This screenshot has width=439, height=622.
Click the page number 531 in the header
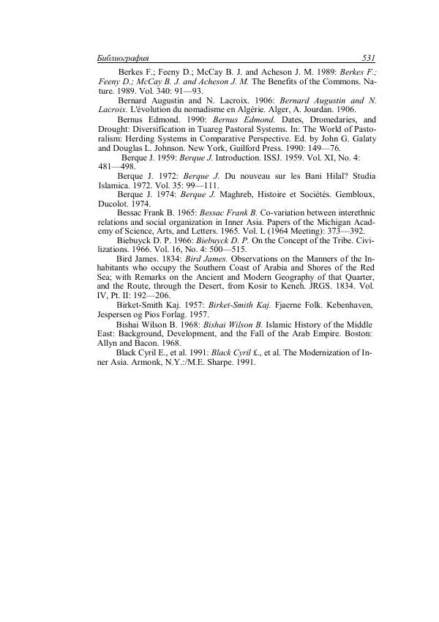click(368, 58)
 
